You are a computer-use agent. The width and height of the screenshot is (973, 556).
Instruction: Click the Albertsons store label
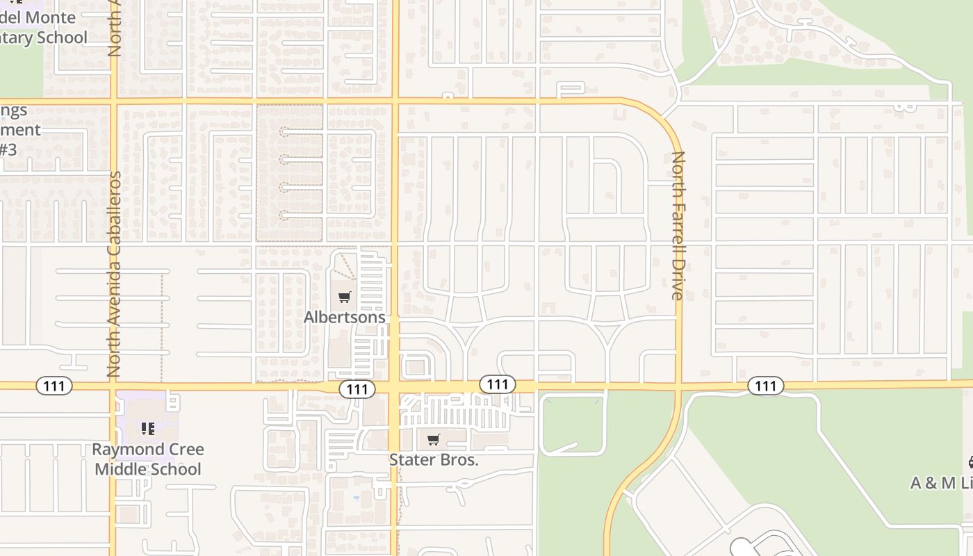click(x=344, y=317)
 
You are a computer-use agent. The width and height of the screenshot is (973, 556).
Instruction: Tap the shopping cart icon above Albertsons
click(x=344, y=297)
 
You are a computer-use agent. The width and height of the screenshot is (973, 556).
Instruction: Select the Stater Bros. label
click(x=434, y=459)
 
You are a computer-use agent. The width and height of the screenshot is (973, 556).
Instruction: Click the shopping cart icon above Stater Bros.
click(x=434, y=439)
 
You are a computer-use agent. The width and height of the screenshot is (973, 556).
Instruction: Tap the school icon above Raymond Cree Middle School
click(x=147, y=429)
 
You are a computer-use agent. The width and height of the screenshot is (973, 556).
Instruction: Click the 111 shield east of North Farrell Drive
click(x=766, y=386)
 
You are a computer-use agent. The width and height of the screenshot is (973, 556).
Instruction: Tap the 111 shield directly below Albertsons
click(x=357, y=389)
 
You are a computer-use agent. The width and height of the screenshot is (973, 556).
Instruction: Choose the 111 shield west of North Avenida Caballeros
click(x=54, y=386)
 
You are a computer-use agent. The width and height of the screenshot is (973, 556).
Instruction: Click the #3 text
click(x=7, y=149)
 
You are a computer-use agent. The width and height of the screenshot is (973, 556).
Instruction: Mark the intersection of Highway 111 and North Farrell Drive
click(x=679, y=384)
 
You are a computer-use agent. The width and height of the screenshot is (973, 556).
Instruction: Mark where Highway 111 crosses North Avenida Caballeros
click(x=113, y=384)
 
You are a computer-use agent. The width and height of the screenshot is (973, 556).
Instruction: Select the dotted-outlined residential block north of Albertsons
click(x=290, y=173)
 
